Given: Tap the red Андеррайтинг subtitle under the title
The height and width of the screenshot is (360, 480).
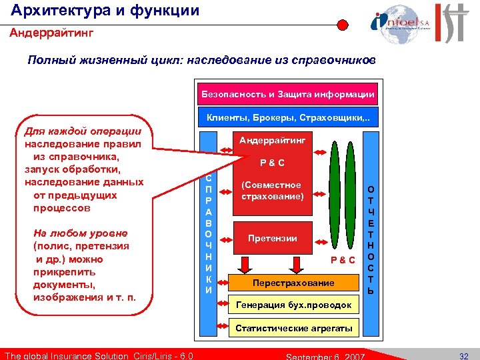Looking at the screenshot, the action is [51, 31].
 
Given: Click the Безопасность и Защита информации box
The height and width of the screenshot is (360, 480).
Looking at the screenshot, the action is [288, 94].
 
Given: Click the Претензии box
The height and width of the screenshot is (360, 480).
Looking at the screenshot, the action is [272, 238].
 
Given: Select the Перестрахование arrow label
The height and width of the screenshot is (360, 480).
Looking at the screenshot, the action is [293, 283].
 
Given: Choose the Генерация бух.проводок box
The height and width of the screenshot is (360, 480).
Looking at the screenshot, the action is [294, 305].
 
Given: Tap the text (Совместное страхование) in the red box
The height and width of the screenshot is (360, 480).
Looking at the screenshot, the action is [271, 191].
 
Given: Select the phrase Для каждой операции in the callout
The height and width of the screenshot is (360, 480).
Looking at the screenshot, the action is [82, 131].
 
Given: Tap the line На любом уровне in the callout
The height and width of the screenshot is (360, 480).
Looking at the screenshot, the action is [80, 233].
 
